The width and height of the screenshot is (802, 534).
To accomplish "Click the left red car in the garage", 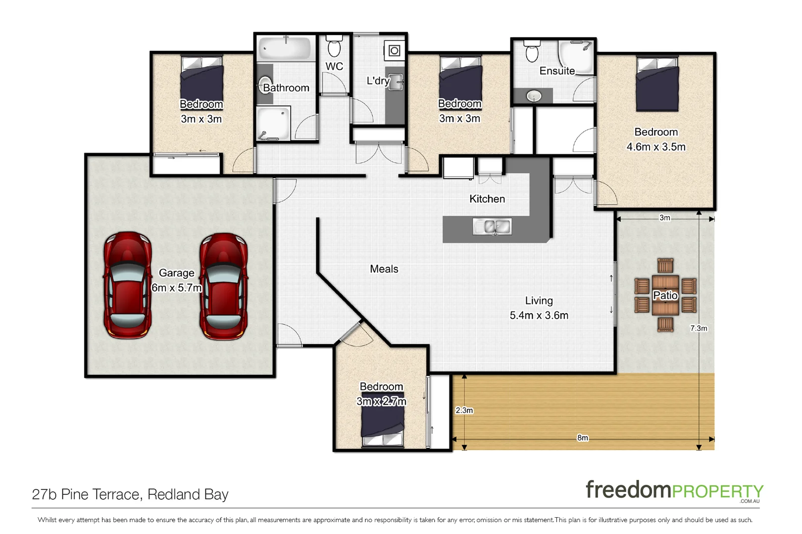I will pos(128,285).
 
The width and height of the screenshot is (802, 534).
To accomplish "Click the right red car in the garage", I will pos(223,286).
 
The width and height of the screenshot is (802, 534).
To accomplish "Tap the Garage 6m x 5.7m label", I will pos(177,280).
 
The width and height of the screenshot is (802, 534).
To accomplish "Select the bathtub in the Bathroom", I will pos(286,48).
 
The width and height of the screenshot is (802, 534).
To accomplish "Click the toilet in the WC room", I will pos(335,47).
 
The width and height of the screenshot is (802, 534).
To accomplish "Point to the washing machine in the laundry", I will pos(394,51).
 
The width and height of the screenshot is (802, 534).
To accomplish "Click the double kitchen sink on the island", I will pos(492,226).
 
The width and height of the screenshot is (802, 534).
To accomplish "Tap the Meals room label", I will pos(384,269).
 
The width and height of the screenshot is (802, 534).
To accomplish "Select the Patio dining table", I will pos(665,295).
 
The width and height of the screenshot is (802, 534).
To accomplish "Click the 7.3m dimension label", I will pos(699,328).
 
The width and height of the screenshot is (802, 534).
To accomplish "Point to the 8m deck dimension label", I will pos(583,438).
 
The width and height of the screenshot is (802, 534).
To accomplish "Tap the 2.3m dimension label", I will pos(464,410).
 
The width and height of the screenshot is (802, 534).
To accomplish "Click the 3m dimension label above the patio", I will pos(664,218).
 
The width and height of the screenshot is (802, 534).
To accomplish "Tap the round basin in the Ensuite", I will pos(534,96).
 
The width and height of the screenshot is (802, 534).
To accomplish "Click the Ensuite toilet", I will pos(532,51).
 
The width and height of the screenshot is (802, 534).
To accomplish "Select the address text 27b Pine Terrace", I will pos(130,494).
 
